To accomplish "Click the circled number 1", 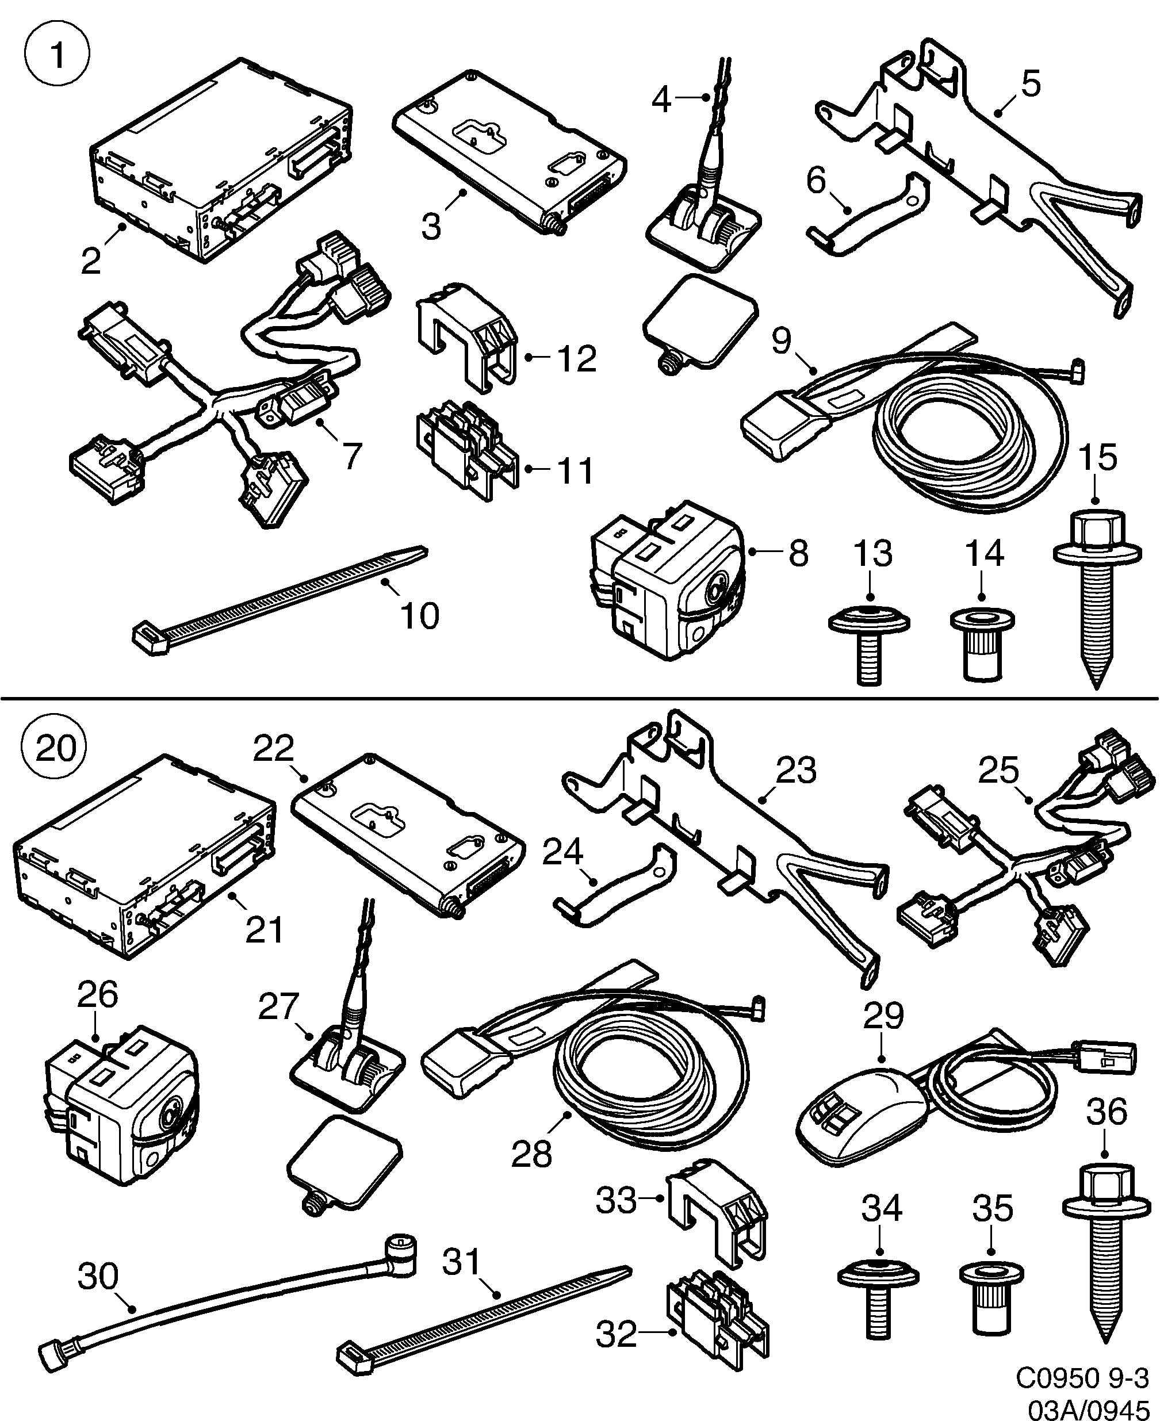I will click(x=57, y=55).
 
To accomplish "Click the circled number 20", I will click(x=55, y=748).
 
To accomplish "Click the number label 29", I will click(x=883, y=1016).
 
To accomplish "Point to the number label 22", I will click(x=273, y=749).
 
